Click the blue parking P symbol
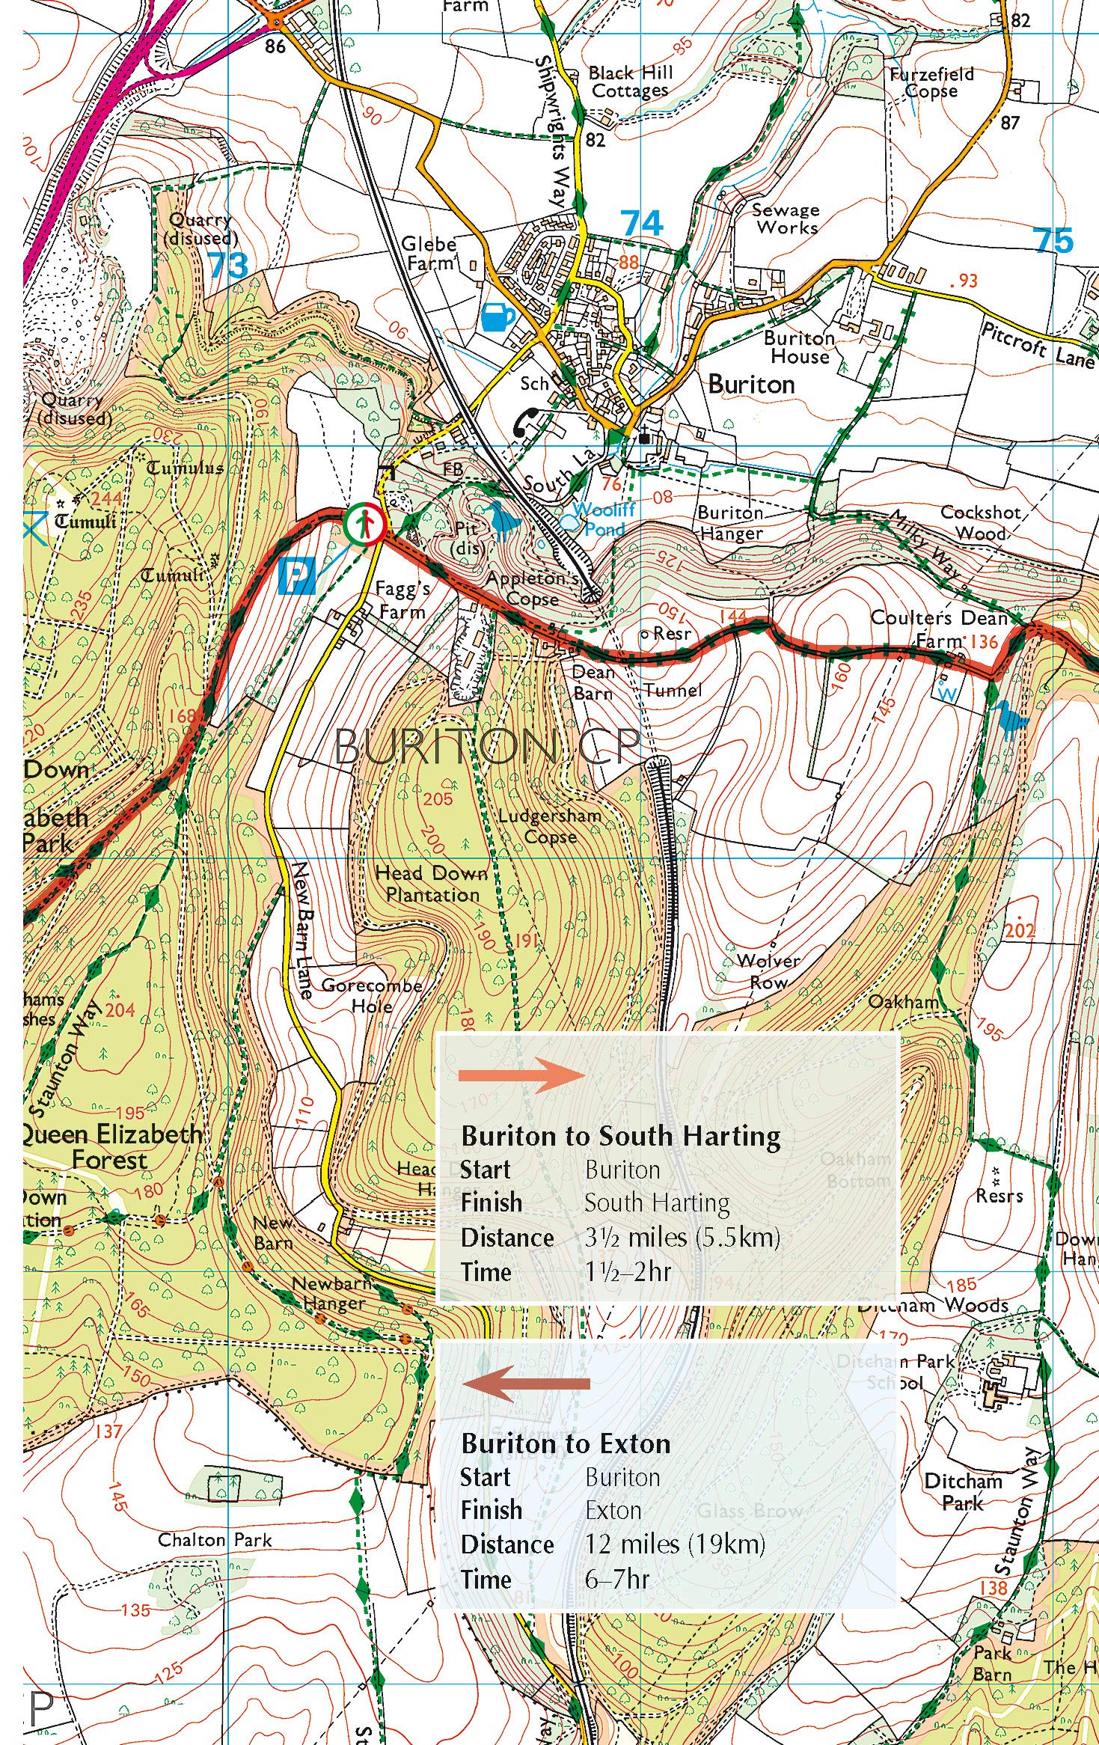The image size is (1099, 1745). coord(297,575)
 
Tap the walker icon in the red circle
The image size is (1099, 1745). coord(365,524)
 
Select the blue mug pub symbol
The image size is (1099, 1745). coord(497,317)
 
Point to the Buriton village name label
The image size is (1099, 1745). coord(751,385)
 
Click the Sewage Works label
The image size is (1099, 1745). coord(786,219)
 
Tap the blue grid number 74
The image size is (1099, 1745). coord(642,223)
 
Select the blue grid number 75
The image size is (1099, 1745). coord(1053,240)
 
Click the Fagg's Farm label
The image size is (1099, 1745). coord(402,600)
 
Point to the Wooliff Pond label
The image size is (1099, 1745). coord(604,519)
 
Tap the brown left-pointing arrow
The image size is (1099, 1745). coord(526,1383)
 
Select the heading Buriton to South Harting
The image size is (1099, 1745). coord(621,1136)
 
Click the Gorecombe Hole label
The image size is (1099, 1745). coord(372,995)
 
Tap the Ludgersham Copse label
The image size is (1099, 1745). coord(550,826)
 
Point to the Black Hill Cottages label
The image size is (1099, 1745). coord(630,82)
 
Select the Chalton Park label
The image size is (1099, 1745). coord(215,1540)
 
